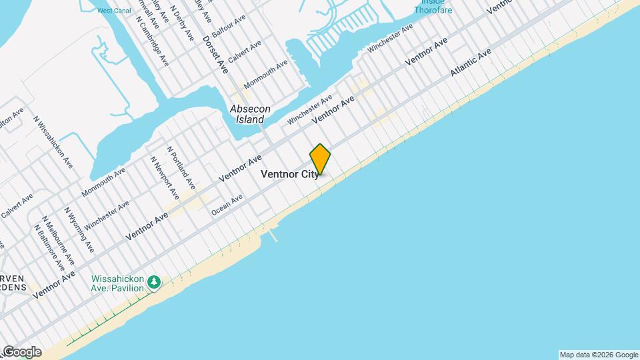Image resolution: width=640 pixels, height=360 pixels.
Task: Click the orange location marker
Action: point(321,159)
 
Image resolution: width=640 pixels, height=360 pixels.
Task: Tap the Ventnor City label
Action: point(289,174)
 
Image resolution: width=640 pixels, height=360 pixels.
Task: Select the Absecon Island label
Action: point(247,114)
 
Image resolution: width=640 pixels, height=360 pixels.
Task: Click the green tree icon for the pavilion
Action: point(155,283)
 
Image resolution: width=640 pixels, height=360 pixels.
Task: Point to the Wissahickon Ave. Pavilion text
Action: point(117,283)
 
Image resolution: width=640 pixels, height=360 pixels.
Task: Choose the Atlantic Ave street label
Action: point(471,61)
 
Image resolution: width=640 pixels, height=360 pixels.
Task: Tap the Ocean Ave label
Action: point(227,204)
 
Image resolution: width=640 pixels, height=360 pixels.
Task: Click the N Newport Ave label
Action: point(164,178)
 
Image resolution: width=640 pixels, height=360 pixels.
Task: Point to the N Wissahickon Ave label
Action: point(54,143)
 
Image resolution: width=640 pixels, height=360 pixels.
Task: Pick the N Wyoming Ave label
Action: point(79,229)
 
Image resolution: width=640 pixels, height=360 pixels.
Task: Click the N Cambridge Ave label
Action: point(153,41)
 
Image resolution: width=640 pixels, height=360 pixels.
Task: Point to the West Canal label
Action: point(113,11)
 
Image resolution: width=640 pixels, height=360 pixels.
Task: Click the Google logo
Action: point(21,352)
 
